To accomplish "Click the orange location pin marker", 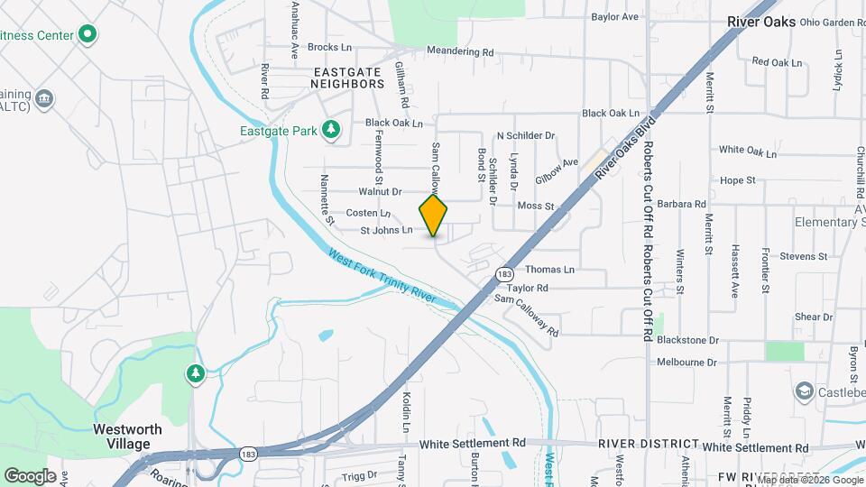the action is coord(434,216).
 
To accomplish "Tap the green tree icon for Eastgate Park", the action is coord(332,131).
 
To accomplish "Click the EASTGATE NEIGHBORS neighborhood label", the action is coord(347,77).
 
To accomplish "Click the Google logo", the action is coord(30,475).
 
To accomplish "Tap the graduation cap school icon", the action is coord(804,391).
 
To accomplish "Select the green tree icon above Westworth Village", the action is coord(195,372).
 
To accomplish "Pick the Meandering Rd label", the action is coord(460,52).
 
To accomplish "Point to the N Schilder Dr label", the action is coord(525,135).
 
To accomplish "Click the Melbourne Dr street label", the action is coord(686,363).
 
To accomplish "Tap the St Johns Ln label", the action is coord(386,231).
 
